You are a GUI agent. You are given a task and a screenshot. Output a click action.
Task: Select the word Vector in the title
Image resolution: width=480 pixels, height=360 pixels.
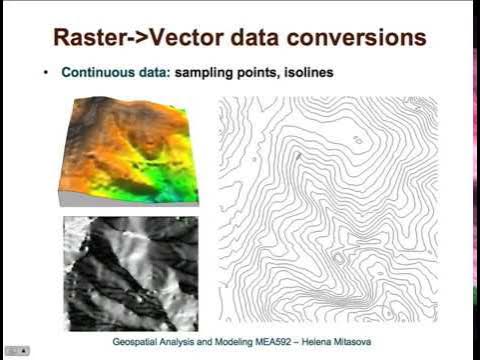click(x=198, y=39)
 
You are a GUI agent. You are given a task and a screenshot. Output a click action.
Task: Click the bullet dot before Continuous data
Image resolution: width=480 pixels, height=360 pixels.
click(x=46, y=73)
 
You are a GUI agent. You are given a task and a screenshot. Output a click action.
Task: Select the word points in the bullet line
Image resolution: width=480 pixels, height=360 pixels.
click(x=250, y=73)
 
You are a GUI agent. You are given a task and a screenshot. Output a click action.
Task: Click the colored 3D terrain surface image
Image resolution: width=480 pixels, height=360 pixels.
click(x=127, y=150)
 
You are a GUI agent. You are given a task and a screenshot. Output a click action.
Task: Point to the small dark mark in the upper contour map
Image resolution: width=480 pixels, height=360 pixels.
click(x=297, y=156)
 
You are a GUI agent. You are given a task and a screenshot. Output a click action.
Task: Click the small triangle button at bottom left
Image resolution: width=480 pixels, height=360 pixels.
click(x=24, y=351)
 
